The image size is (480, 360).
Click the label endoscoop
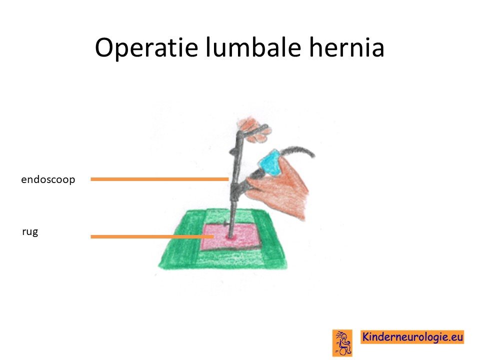pyautogui.click(x=48, y=179)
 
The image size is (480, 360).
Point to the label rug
pyautogui.click(x=30, y=232)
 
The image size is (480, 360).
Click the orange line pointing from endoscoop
pyautogui.click(x=159, y=179)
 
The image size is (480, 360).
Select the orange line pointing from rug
pyautogui.click(x=152, y=236)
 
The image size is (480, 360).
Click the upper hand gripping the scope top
pyautogui.click(x=254, y=130)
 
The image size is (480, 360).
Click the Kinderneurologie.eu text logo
pyautogui.click(x=412, y=337)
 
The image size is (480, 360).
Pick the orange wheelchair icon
pyautogui.click(x=342, y=343)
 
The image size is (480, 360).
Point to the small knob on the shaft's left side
pyautogui.click(x=232, y=151)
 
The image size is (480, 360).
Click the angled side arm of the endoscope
pyautogui.click(x=248, y=183)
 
